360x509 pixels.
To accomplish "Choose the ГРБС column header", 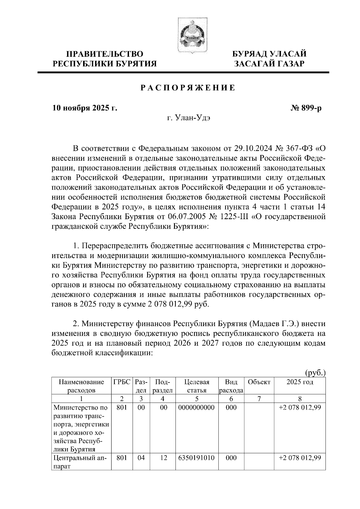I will click(122, 382).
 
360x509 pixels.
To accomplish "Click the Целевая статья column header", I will click(197, 386).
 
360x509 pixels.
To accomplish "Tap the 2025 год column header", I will click(300, 382).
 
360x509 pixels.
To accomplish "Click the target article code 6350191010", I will click(197, 458).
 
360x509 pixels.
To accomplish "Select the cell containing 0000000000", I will click(197, 408).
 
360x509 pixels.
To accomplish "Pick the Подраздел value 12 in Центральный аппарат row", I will click(163, 458).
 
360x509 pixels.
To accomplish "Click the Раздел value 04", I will click(141, 458).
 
